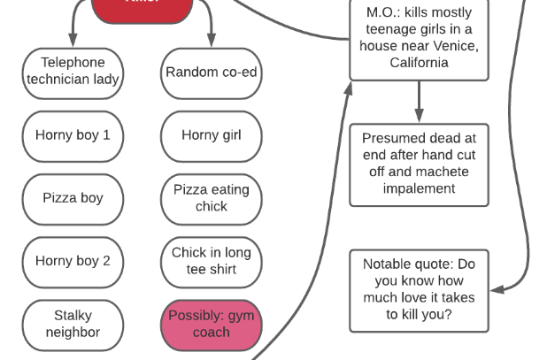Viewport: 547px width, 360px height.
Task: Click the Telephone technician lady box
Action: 73,72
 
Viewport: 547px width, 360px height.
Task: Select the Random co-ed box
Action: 212,72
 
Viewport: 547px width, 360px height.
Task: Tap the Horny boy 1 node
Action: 73,135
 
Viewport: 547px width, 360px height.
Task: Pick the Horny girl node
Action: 212,135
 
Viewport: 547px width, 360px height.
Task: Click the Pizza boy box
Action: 73,198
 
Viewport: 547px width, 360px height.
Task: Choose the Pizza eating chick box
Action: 212,198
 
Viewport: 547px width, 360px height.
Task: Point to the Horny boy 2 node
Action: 73,261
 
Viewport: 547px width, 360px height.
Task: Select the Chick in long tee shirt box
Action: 212,261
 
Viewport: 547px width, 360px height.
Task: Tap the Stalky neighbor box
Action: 73,324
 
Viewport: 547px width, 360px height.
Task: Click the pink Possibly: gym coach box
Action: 212,324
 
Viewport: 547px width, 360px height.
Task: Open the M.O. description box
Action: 419,38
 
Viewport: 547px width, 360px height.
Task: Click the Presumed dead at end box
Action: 419,164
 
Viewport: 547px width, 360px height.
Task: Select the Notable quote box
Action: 419,289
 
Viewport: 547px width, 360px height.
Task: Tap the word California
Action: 419,63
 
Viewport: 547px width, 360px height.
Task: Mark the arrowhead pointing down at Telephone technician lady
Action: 73,41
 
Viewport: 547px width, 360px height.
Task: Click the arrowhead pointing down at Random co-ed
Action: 212,41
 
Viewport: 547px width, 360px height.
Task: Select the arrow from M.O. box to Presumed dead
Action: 419,103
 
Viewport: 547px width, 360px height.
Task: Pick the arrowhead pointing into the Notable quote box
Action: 497,289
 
